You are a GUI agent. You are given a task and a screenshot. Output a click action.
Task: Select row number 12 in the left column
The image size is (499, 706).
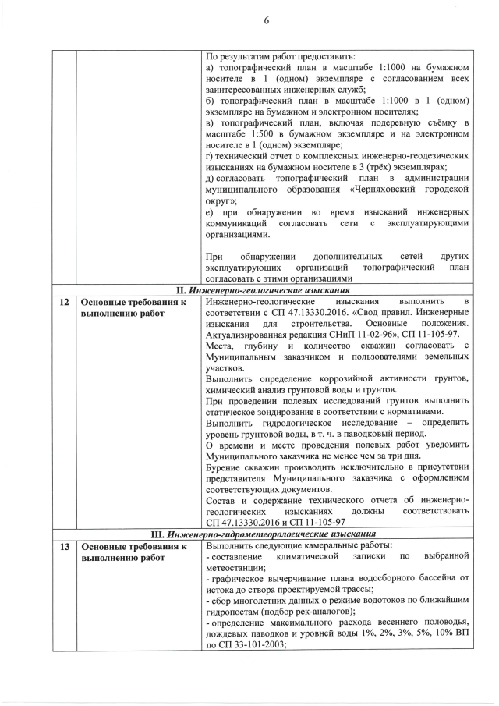pyautogui.click(x=63, y=301)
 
